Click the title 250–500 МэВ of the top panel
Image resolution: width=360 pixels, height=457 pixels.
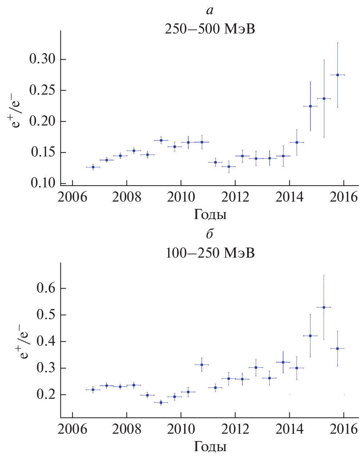tap(210, 29)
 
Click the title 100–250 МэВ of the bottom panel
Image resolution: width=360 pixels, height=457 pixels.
tap(210, 253)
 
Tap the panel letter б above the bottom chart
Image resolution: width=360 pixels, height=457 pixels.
tap(210, 234)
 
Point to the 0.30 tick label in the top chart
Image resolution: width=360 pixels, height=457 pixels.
tap(43, 59)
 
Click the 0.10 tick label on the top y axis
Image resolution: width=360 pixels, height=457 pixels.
tap(43, 183)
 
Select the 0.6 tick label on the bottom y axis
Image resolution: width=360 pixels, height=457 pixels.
tap(46, 288)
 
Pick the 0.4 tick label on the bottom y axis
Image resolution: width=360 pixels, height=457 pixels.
tap(46, 341)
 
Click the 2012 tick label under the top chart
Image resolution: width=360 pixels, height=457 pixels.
tap(235, 197)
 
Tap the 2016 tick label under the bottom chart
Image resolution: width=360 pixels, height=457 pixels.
tap(344, 429)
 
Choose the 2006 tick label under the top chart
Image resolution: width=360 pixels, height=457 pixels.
tap(72, 197)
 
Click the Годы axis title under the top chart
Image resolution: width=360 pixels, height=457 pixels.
tap(210, 215)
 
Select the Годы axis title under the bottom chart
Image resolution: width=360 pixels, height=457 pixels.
tap(210, 446)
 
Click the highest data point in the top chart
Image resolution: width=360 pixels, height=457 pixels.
tap(337, 75)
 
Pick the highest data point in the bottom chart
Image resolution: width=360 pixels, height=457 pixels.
tap(324, 307)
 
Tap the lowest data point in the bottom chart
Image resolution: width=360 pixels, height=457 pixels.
tap(161, 402)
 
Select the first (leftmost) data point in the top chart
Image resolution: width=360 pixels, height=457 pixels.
tap(93, 167)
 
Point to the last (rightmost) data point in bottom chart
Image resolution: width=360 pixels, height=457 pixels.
tap(337, 349)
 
